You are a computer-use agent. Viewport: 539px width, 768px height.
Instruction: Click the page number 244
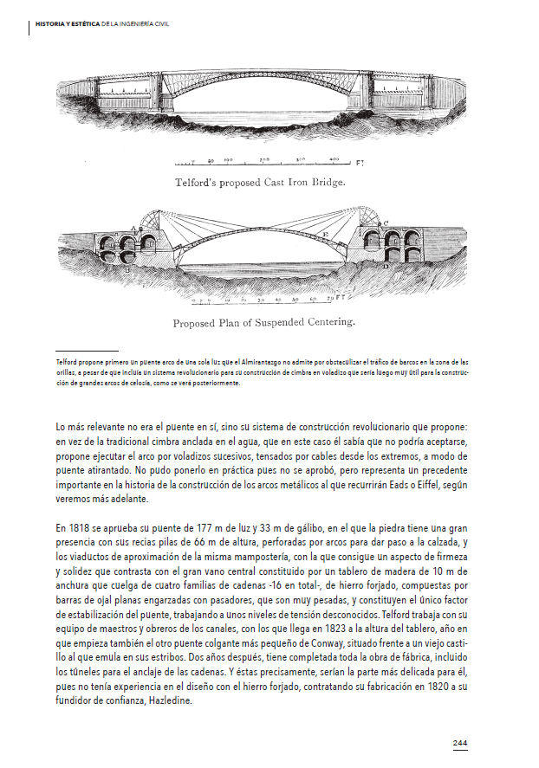pyautogui.click(x=460, y=743)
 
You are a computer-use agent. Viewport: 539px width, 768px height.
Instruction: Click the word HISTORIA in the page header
pyautogui.click(x=51, y=24)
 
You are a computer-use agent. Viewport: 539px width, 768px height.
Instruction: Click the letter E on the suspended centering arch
pyautogui.click(x=324, y=234)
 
